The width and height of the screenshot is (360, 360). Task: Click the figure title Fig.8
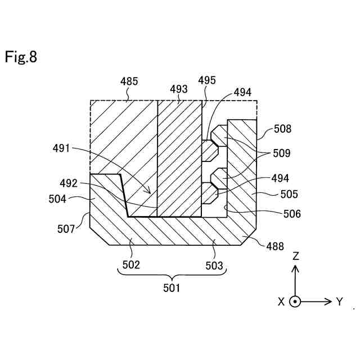click(x=21, y=57)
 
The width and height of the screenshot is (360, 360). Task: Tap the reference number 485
click(x=129, y=82)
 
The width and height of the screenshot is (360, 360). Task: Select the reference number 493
click(x=179, y=88)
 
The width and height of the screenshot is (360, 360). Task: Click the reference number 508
click(x=283, y=129)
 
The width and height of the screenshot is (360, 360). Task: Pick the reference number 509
click(x=283, y=152)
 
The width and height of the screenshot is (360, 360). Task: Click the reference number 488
click(x=276, y=246)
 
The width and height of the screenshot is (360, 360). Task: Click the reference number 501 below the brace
click(x=172, y=289)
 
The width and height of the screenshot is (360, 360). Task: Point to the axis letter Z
click(x=295, y=256)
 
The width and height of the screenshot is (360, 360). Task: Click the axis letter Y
click(x=340, y=301)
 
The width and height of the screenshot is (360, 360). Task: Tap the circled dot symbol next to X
click(x=295, y=301)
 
